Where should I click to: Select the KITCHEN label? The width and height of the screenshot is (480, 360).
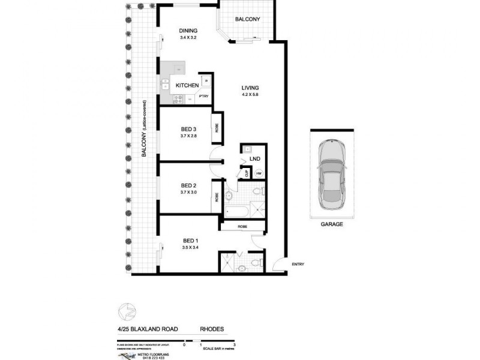pyautogui.click(x=187, y=86)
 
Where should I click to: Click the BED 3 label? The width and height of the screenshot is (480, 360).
pyautogui.click(x=189, y=129)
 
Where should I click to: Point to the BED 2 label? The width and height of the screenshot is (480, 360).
pyautogui.click(x=189, y=185)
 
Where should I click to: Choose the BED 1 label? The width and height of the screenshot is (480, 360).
pyautogui.click(x=189, y=241)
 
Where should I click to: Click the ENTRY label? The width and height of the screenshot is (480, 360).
pyautogui.click(x=298, y=265)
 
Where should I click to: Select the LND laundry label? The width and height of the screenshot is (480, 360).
pyautogui.click(x=254, y=159)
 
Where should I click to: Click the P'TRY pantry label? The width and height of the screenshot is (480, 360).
pyautogui.click(x=203, y=95)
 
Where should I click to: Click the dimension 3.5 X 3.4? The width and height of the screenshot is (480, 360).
pyautogui.click(x=189, y=248)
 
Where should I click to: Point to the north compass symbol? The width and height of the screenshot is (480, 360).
pyautogui.click(x=127, y=311)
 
